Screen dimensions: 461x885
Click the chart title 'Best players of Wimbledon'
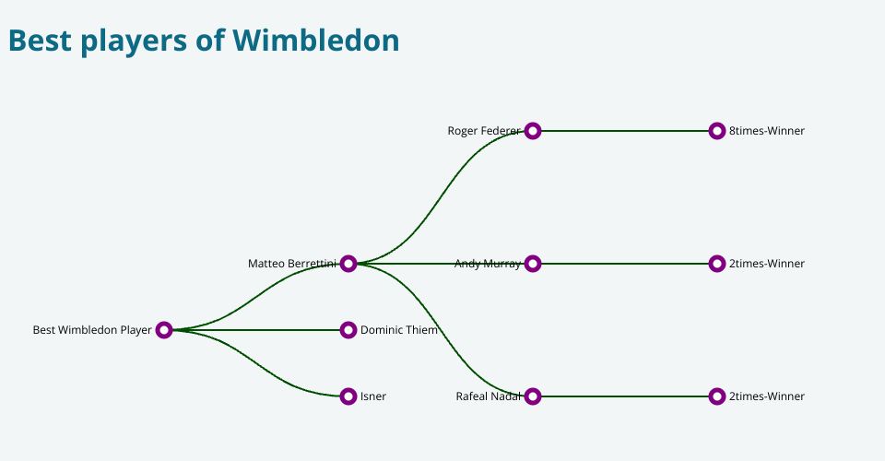pyautogui.click(x=204, y=41)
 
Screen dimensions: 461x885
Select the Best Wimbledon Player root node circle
pyautogui.click(x=164, y=330)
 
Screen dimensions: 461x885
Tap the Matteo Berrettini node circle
pyautogui.click(x=348, y=264)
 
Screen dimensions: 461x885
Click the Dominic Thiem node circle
pyautogui.click(x=348, y=330)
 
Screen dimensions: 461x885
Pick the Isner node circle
pyautogui.click(x=348, y=396)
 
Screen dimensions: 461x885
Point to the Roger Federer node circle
pyautogui.click(x=533, y=131)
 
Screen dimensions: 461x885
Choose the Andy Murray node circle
pyautogui.click(x=533, y=264)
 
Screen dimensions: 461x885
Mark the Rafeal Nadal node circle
pyautogui.click(x=533, y=396)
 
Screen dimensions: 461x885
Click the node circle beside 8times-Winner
pyautogui.click(x=717, y=131)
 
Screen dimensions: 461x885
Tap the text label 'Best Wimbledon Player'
pyautogui.click(x=92, y=330)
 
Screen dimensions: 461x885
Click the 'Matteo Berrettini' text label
pyautogui.click(x=291, y=264)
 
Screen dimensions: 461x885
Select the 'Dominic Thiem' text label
pyautogui.click(x=399, y=330)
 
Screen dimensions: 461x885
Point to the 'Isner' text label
pyautogui.click(x=373, y=396)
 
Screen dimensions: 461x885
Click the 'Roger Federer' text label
pyautogui.click(x=483, y=131)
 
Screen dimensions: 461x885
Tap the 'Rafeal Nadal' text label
pyautogui.click(x=488, y=396)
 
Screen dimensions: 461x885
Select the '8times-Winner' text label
pyautogui.click(x=767, y=131)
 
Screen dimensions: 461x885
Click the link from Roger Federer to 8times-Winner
pyautogui.click(x=625, y=131)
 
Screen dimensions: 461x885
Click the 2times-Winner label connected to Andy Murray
pyautogui.click(x=767, y=264)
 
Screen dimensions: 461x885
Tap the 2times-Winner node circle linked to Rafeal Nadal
pyautogui.click(x=717, y=396)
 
